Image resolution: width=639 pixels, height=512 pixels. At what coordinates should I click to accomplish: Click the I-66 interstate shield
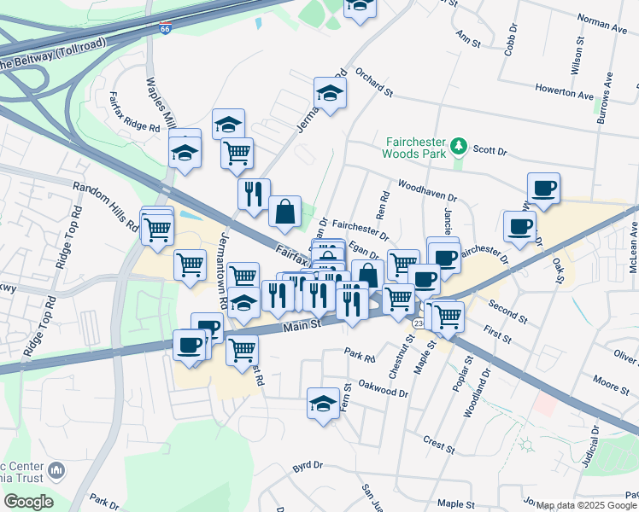coord(164,28)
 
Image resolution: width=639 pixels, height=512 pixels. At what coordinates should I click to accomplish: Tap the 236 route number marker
coord(418,323)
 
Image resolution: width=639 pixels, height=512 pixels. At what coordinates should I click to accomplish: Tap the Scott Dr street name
coord(490,150)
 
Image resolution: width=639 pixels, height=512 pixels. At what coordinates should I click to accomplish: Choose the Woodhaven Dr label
coord(427,189)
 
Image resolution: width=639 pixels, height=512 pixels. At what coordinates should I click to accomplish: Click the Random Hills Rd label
coord(105,207)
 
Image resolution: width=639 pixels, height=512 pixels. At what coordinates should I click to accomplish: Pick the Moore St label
coord(610,383)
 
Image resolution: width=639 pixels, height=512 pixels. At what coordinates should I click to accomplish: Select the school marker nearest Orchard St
coord(330,92)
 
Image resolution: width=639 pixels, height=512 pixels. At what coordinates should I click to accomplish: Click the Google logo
coord(27,502)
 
